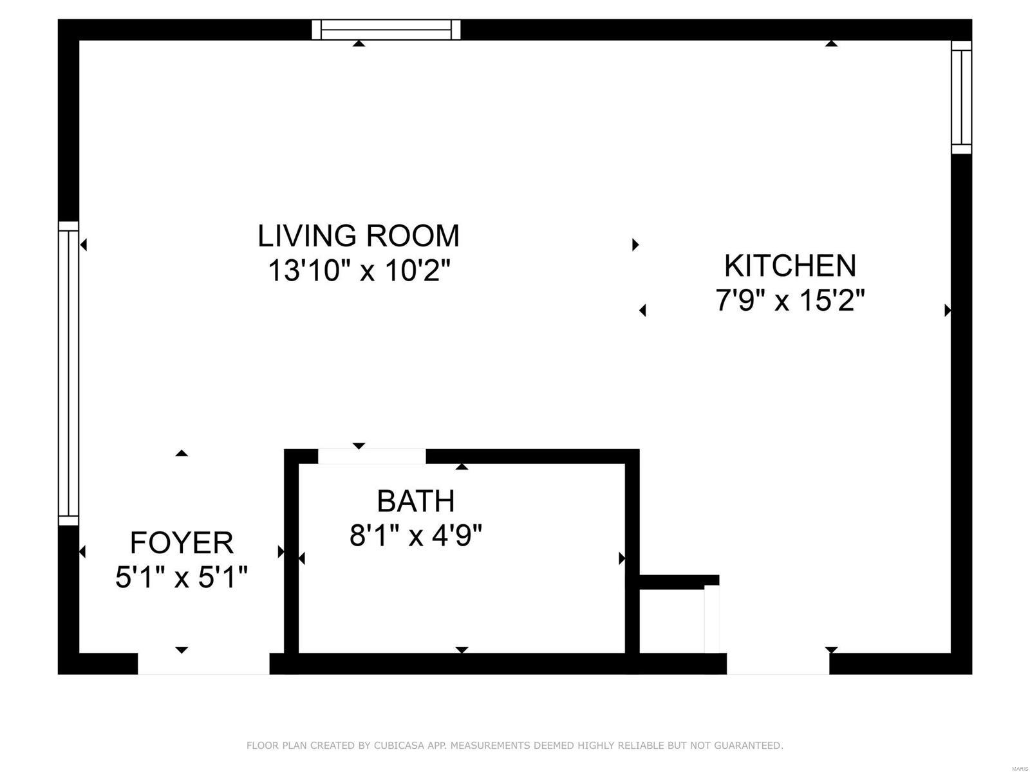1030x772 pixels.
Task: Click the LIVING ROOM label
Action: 358,235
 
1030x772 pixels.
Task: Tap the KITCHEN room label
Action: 791,266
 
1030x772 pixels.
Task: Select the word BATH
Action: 416,501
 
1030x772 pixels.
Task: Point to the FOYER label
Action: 182,543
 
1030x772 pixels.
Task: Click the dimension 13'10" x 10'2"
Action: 359,270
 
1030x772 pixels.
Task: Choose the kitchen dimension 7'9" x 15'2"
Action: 791,300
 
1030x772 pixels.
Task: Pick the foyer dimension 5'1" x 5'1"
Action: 182,577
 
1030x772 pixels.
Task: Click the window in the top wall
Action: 386,30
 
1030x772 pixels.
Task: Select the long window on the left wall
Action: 68,373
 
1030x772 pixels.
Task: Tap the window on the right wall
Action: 961,97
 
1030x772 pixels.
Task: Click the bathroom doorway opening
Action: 372,456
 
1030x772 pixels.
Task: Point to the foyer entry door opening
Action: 203,663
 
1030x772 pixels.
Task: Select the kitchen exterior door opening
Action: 778,663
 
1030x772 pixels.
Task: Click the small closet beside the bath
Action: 672,620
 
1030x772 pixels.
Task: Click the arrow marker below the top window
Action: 359,44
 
